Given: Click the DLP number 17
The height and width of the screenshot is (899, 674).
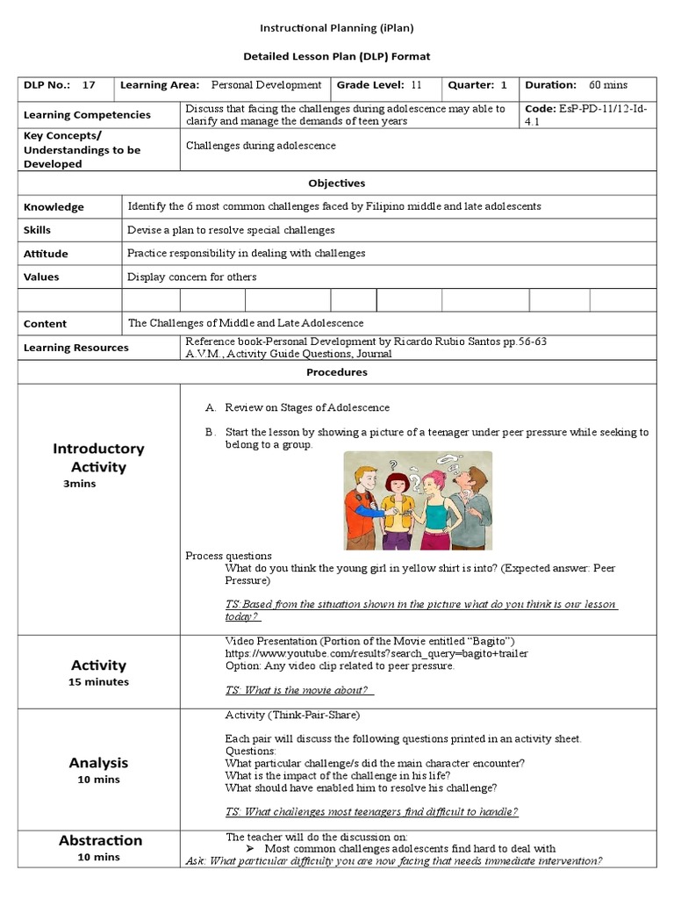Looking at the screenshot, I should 89,85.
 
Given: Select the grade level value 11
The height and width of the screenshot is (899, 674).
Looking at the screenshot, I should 416,85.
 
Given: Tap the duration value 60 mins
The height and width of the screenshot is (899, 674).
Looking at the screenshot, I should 608,85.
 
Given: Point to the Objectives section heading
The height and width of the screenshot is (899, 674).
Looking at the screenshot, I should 336,183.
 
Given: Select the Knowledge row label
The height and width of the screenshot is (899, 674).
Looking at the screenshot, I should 54,207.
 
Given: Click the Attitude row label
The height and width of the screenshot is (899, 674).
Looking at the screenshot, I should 46,254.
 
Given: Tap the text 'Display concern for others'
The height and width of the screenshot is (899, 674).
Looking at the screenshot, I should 192,277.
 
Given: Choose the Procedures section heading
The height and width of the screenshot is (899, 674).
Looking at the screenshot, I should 336,372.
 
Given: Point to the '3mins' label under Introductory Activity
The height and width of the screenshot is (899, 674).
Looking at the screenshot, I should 79,484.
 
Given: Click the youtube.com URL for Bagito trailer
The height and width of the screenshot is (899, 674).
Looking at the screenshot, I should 376,653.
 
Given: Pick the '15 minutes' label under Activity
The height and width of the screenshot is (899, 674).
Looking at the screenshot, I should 98,682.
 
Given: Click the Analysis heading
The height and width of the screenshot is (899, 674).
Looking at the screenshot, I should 98,763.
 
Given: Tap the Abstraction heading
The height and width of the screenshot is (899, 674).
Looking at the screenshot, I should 100,840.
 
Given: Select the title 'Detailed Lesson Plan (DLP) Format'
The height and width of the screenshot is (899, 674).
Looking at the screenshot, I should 337,56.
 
